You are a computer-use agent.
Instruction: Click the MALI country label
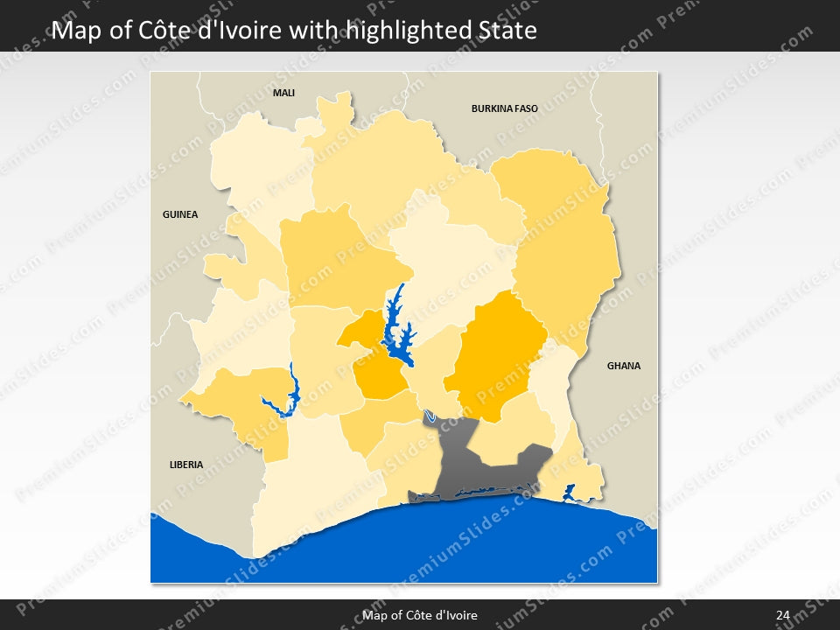pos(283,93)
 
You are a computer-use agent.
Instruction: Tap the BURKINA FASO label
pos(504,109)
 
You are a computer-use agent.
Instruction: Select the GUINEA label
pos(180,214)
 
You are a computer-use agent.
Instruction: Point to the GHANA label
pos(623,366)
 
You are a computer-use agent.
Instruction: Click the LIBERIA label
pos(186,465)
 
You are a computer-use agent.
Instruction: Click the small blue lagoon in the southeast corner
pos(570,493)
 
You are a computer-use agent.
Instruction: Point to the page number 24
pos(782,615)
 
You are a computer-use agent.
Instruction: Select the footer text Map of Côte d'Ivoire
pos(420,615)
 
